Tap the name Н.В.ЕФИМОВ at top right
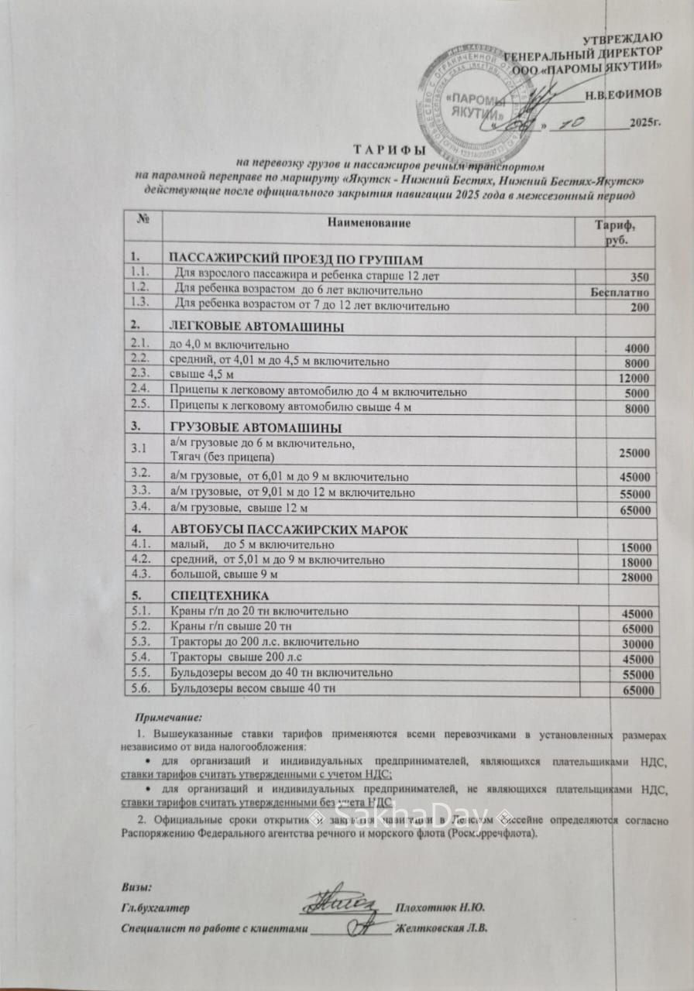622,94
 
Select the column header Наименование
369,224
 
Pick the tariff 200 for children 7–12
640,307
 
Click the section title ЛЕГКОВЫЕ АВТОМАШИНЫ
256,327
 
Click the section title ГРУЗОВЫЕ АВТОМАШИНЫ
256,428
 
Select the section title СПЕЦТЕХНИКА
219,596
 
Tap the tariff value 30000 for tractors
637,645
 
